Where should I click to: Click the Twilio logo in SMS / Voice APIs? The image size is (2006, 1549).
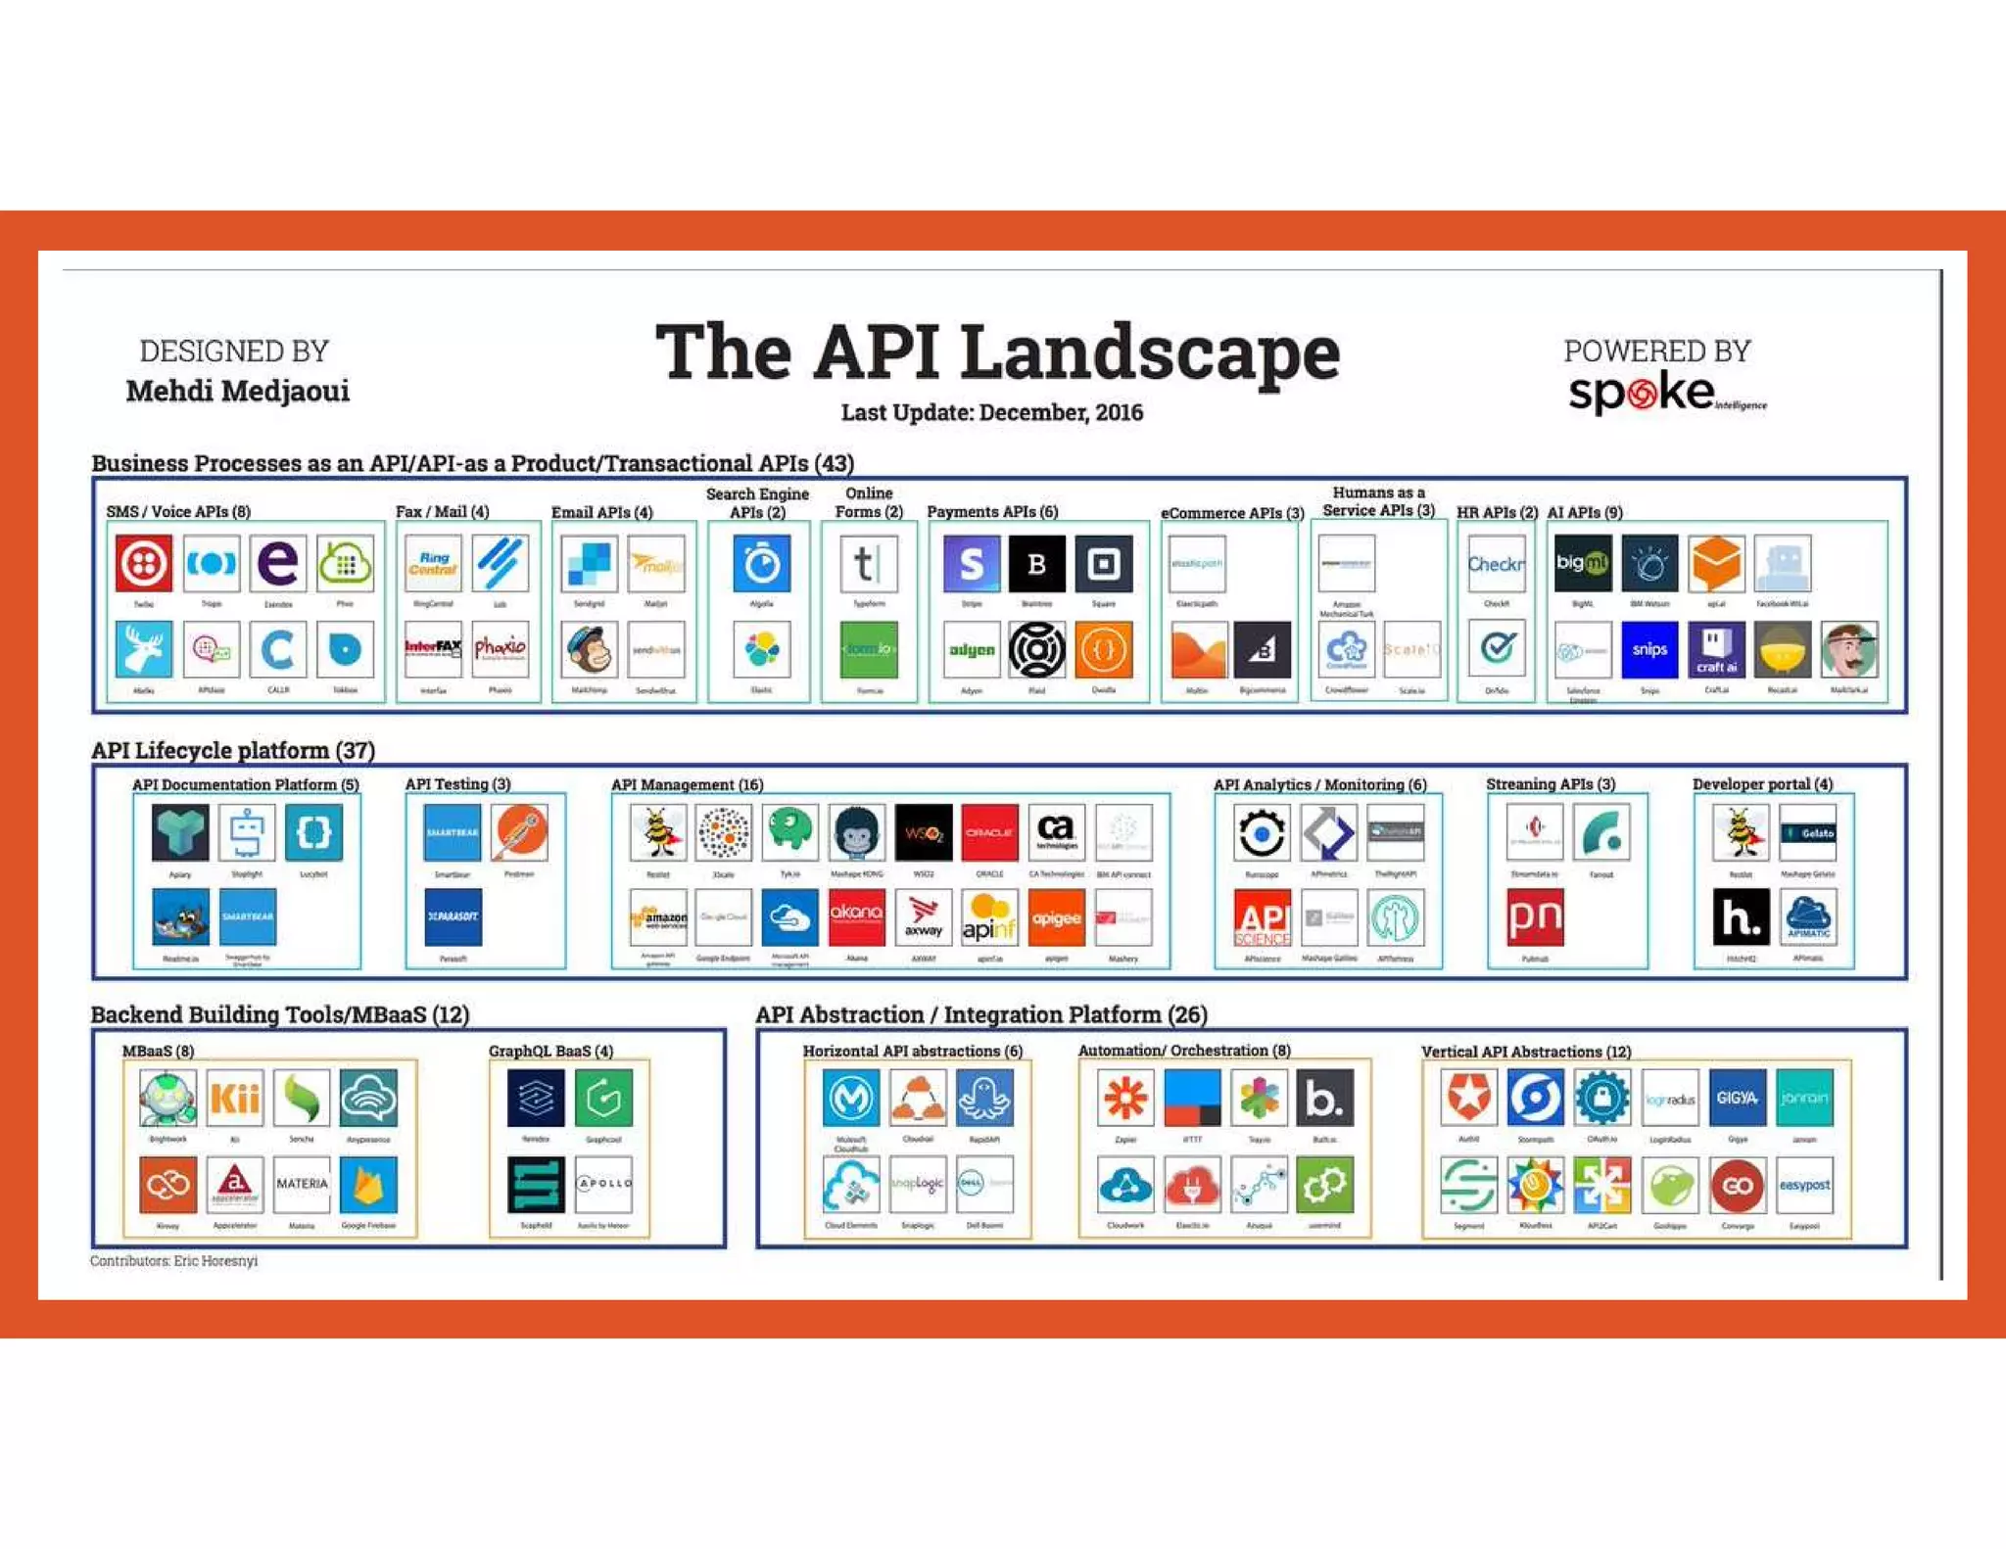[x=144, y=563]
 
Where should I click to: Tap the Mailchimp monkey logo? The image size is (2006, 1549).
[x=589, y=649]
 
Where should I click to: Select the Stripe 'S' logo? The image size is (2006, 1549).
[x=971, y=563]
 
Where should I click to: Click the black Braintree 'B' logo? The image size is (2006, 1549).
[x=1036, y=563]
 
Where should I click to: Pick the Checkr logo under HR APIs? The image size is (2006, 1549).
[x=1496, y=564]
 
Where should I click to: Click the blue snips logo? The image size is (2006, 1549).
[x=1649, y=649]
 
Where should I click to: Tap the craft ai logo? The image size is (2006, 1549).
[x=1716, y=649]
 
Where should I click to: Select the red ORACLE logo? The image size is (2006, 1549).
[x=989, y=832]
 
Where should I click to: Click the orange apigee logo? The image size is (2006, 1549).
[x=1056, y=917]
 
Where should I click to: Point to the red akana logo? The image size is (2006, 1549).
[x=856, y=917]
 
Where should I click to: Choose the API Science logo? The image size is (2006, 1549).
[x=1262, y=917]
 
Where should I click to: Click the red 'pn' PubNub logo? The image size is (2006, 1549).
[x=1535, y=917]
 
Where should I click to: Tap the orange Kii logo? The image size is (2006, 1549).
[x=235, y=1098]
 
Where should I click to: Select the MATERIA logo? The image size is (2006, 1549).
[x=302, y=1184]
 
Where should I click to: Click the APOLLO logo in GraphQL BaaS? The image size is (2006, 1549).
[x=603, y=1184]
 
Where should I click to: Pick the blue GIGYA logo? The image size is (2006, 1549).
[x=1737, y=1098]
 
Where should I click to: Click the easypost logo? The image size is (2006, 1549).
[x=1804, y=1185]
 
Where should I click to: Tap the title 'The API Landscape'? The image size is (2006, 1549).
[x=997, y=352]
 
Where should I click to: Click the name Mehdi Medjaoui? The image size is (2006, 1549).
[x=237, y=391]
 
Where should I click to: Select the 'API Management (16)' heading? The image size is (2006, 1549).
[x=687, y=784]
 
